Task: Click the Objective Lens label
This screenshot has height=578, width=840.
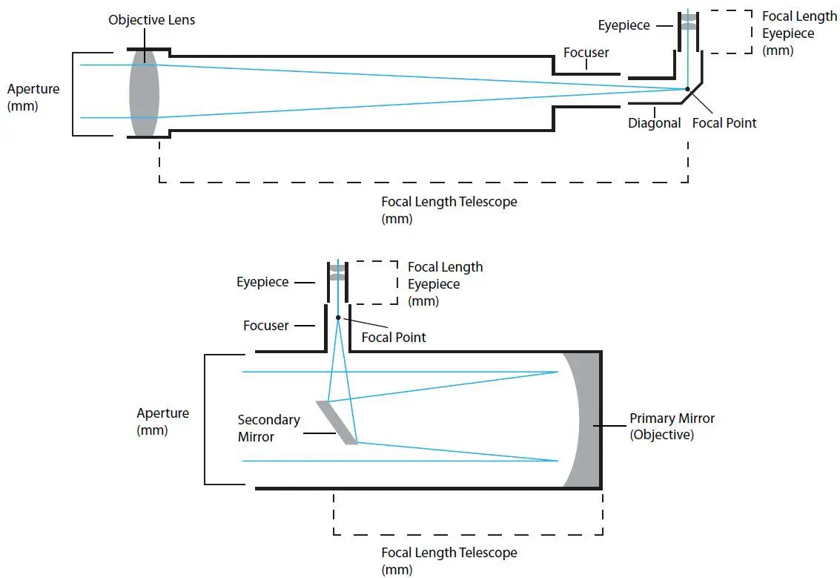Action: click(x=151, y=20)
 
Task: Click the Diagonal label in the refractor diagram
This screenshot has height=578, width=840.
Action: click(x=654, y=123)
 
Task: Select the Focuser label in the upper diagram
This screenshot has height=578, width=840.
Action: click(x=586, y=52)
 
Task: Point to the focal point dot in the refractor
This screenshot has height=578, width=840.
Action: click(x=688, y=89)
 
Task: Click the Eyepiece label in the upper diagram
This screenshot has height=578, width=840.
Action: click(x=624, y=25)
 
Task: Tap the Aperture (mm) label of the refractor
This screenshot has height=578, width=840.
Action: click(x=33, y=97)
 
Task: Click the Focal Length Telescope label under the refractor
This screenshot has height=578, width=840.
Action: click(x=449, y=210)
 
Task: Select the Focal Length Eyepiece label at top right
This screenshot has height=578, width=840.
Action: click(x=799, y=33)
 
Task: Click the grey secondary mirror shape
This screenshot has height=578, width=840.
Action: click(x=337, y=422)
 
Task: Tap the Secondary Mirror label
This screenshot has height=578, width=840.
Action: click(x=268, y=428)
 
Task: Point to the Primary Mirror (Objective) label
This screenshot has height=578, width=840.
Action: click(x=672, y=426)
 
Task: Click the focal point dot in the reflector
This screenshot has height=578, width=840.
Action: click(x=338, y=318)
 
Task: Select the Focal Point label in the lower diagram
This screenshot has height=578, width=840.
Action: click(x=393, y=337)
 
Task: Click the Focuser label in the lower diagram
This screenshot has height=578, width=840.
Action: click(x=265, y=325)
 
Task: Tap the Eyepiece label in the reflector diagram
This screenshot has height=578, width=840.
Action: click(x=262, y=282)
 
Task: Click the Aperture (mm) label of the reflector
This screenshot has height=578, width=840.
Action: click(x=163, y=421)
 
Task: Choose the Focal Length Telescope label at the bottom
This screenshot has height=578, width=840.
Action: click(x=449, y=561)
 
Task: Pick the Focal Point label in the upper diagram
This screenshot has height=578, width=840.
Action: click(x=724, y=123)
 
